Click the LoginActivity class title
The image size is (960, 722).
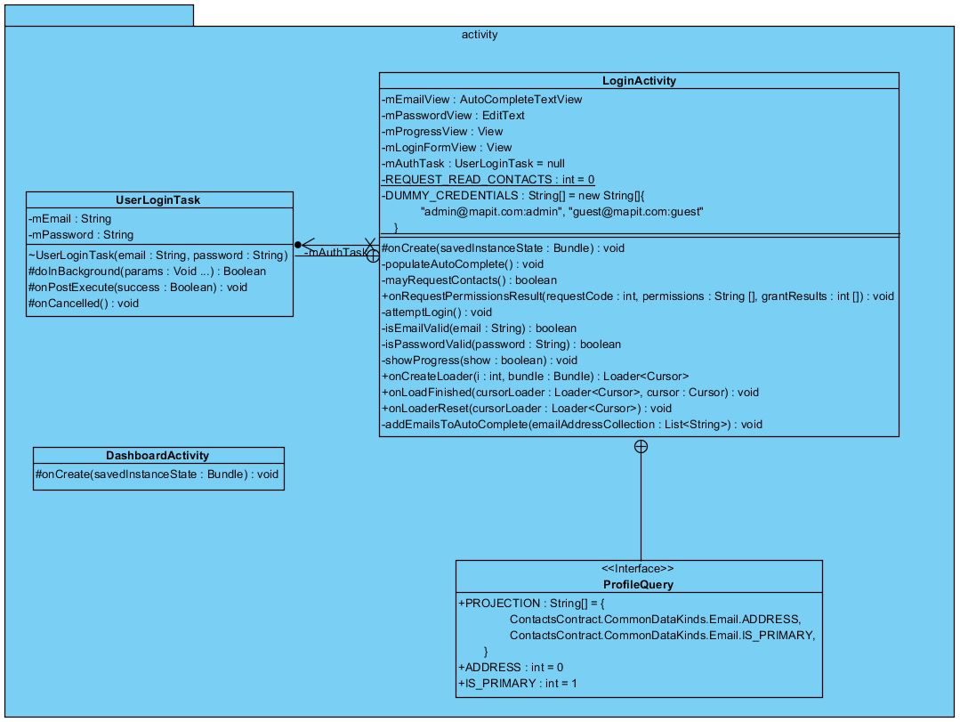click(639, 81)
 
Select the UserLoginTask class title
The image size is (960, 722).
click(158, 200)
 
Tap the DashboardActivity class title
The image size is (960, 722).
click(157, 456)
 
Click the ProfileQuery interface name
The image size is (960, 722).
click(638, 585)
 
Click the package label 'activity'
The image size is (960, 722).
click(480, 36)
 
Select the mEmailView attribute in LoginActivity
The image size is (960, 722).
click(481, 100)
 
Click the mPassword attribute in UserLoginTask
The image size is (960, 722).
click(81, 235)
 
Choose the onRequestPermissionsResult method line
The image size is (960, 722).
click(637, 296)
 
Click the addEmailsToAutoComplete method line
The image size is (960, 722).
click(571, 425)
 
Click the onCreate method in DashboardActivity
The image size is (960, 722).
click(157, 475)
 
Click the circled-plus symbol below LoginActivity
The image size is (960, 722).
click(640, 447)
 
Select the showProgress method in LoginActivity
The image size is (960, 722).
click(479, 361)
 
